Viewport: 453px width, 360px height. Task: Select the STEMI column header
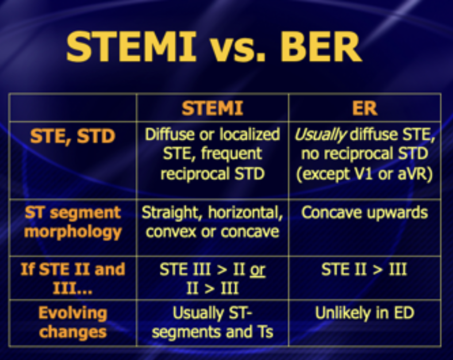(x=212, y=108)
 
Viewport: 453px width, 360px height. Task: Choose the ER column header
(x=365, y=108)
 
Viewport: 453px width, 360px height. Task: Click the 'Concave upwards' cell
(x=365, y=213)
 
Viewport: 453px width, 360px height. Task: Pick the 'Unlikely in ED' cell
(x=365, y=313)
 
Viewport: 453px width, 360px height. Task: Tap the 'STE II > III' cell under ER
(x=365, y=269)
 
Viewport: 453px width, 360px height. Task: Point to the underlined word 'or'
(x=257, y=269)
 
